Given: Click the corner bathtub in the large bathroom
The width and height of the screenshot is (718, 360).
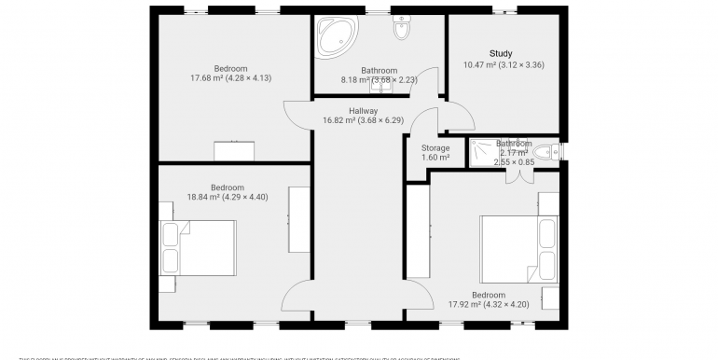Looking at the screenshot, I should tap(333, 35).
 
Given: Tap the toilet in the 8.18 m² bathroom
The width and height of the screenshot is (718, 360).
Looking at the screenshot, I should tap(401, 30).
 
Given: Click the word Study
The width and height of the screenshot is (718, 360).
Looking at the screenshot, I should tap(501, 53).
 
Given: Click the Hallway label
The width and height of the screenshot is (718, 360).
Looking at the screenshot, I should tap(363, 111).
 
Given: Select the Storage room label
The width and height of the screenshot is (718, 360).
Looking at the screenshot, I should tap(435, 147).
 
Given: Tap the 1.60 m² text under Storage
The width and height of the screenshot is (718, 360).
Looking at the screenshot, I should tap(435, 158).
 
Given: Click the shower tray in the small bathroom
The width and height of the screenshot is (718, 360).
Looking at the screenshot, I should tap(485, 151).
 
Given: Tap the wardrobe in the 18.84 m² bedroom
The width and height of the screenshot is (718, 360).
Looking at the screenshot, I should tap(298, 219).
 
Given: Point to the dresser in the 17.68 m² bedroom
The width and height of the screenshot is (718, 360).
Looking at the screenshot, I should tap(233, 151).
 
